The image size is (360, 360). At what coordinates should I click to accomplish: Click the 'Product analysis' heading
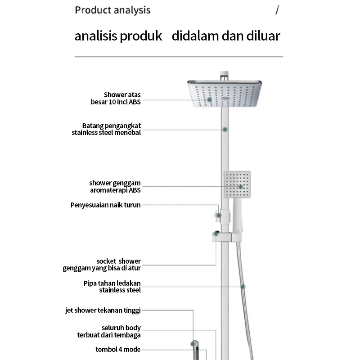coord(112,10)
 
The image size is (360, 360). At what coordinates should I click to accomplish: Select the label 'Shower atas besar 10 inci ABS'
coord(116,98)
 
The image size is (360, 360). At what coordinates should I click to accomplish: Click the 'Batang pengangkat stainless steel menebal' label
coord(107,129)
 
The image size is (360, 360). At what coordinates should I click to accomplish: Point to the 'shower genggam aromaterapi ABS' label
coord(115,186)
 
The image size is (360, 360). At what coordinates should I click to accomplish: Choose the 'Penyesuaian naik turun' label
coord(106,205)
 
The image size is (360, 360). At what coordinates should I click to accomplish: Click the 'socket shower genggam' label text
coord(102,265)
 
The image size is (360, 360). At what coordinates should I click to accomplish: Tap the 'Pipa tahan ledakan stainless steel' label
coord(112,287)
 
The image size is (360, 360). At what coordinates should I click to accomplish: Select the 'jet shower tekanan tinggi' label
coord(103,310)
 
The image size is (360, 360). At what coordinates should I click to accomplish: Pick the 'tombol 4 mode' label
coord(118,349)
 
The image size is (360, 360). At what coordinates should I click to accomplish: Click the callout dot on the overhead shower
coord(209,99)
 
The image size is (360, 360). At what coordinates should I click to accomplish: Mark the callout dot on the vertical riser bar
coord(225,129)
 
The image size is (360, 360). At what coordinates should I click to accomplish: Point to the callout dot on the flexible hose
coord(243,286)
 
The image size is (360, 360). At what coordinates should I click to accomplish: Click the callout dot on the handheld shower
coord(241,186)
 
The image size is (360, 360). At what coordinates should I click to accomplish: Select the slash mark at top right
coord(277,10)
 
